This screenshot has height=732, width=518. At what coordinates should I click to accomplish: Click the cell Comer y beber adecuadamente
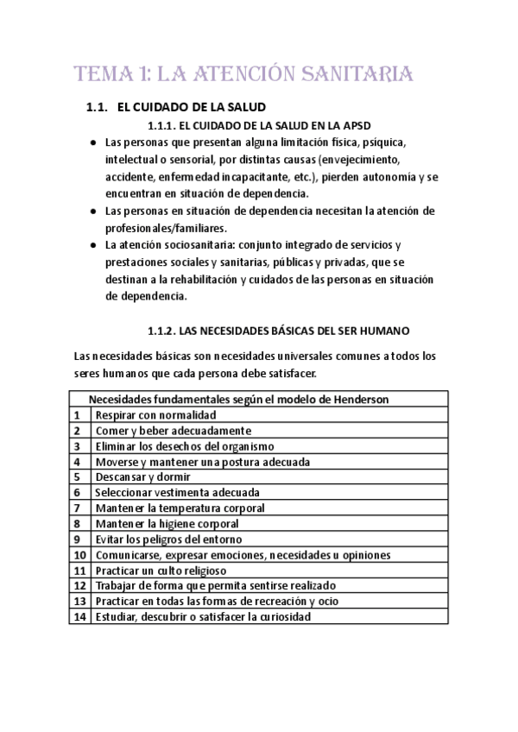173,430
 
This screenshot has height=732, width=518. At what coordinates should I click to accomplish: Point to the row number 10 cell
79,554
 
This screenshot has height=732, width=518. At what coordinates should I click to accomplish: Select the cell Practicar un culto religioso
161,570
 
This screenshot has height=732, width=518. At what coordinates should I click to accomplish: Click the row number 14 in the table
79,617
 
